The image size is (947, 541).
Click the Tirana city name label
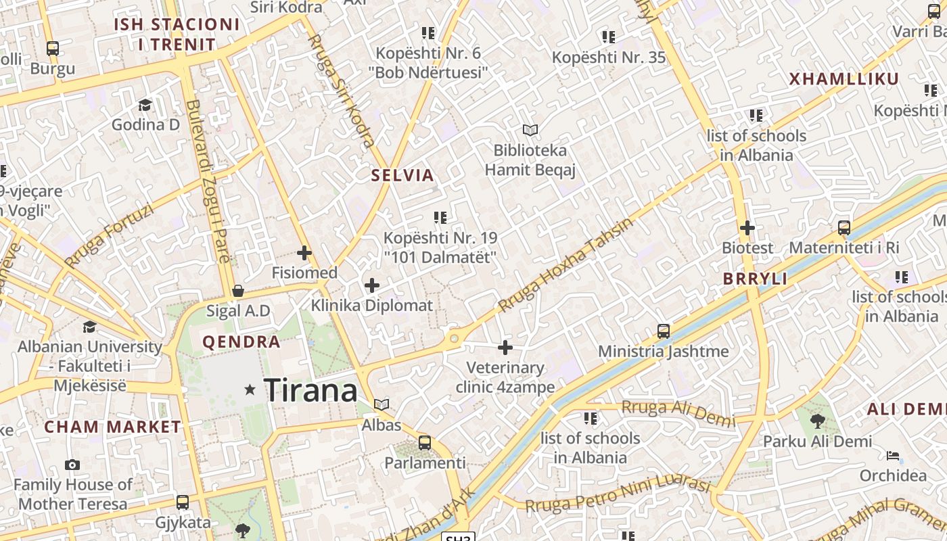[x=310, y=390]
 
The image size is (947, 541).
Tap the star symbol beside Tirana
[x=250, y=390]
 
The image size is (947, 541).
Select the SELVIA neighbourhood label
[x=402, y=175]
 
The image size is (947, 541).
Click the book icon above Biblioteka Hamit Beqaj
[x=530, y=130]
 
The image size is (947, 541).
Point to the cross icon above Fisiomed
[x=304, y=254]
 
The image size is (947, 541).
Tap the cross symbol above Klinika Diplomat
[x=371, y=285]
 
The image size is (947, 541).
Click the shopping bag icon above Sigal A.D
[x=238, y=291]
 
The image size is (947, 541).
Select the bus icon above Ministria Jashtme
[x=664, y=331]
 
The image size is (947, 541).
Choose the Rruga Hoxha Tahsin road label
[x=565, y=264]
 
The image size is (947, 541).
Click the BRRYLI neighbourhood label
[x=755, y=279]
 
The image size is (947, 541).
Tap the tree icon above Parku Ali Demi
[x=818, y=421]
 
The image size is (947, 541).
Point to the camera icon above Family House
[x=72, y=465]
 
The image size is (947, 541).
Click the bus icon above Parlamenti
[x=425, y=443]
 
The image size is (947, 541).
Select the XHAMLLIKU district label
[x=844, y=79]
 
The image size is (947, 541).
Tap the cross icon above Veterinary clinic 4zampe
[x=505, y=348]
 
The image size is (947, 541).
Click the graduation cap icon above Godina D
[x=145, y=105]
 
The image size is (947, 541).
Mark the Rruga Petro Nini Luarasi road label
[x=618, y=496]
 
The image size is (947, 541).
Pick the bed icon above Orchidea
[x=893, y=455]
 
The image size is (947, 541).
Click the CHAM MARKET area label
[x=112, y=427]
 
